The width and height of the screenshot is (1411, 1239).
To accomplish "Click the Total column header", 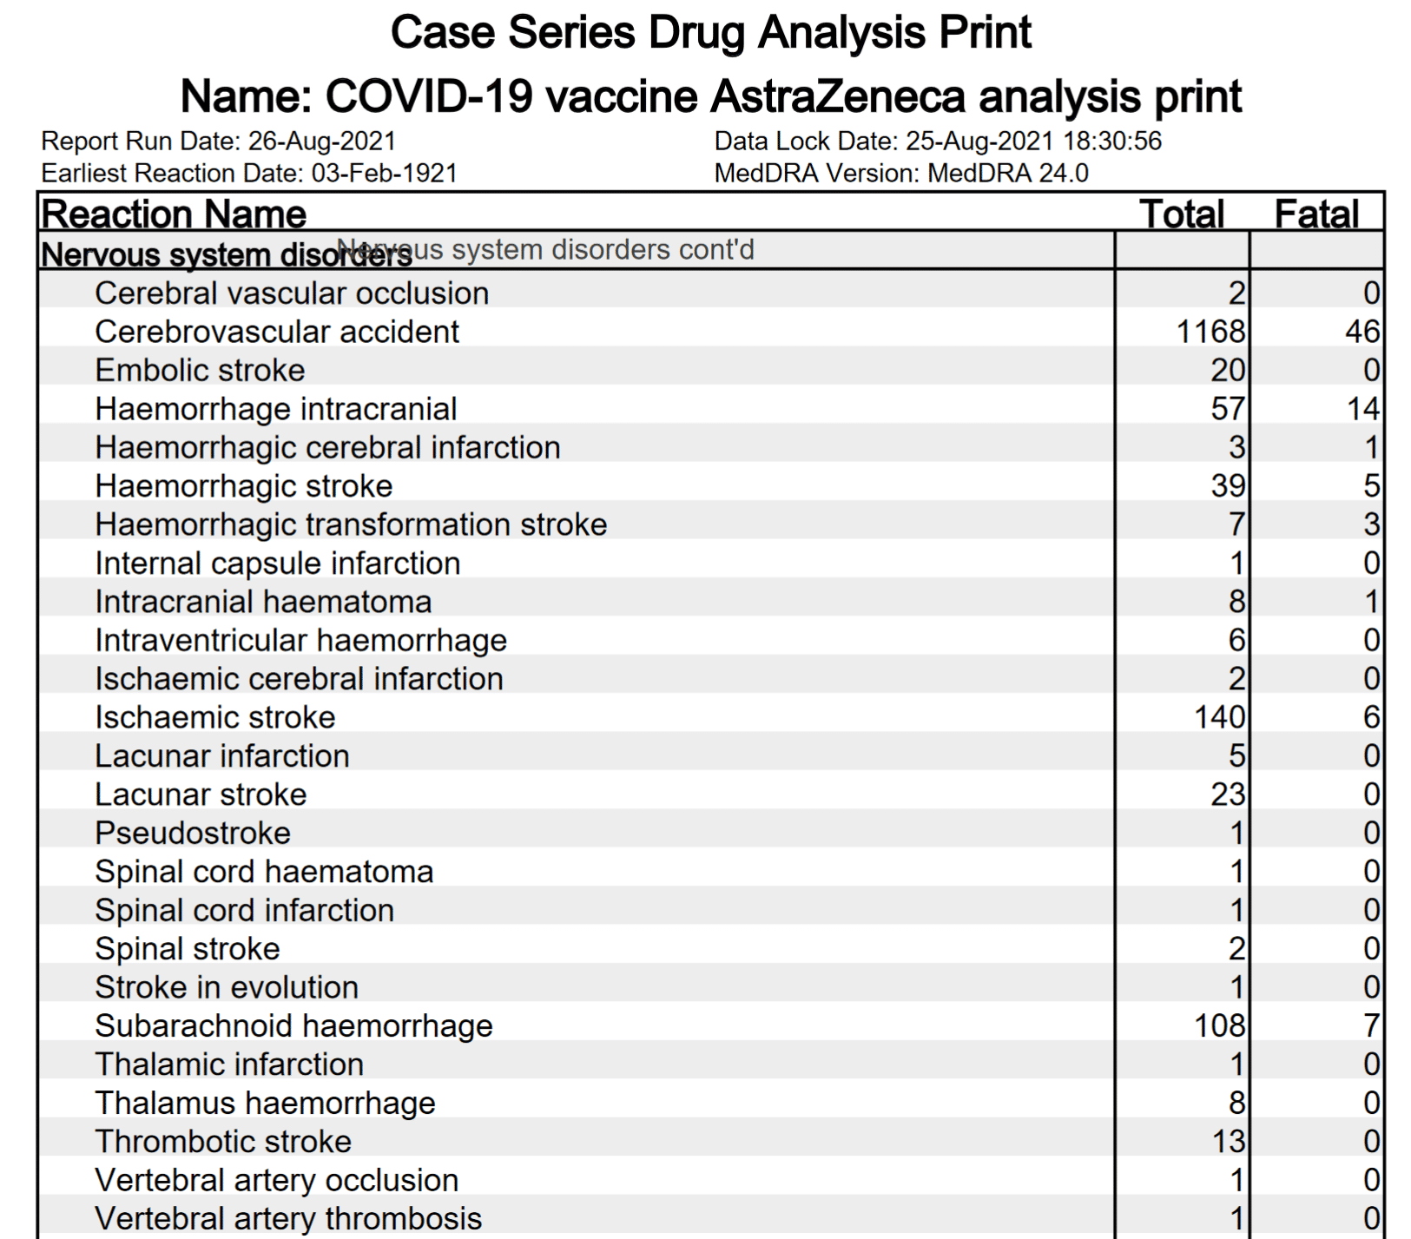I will coord(1181,214).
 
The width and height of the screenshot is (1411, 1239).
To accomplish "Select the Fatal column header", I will coord(1315,214).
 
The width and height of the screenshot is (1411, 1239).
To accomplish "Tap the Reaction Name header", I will coord(174,214).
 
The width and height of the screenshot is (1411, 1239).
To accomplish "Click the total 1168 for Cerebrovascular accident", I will coord(1210,332).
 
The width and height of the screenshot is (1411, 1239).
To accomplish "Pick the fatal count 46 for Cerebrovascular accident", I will coord(1362,332).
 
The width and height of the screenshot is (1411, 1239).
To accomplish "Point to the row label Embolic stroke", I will coord(200,371).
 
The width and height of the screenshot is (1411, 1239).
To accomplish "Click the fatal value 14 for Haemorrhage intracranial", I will coord(1362,409).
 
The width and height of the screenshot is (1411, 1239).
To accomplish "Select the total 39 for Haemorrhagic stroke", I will coord(1228,486).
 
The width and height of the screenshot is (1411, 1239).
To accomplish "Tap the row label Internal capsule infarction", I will coord(277,563).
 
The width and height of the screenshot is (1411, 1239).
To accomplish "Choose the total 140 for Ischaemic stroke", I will coord(1219,717).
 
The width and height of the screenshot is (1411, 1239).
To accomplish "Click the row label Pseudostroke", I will coord(193,834).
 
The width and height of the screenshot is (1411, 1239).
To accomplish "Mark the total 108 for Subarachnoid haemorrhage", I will coord(1219,1026).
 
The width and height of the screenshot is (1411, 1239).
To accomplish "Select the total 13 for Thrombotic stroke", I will coord(1228,1142).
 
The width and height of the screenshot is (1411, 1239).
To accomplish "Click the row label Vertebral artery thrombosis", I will coord(288,1219).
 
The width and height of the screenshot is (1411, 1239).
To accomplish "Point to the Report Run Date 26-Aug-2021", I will coord(322,142).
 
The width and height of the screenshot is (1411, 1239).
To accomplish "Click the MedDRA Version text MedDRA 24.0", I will coord(1007,174).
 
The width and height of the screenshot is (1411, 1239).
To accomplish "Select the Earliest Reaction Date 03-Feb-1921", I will coord(384,174).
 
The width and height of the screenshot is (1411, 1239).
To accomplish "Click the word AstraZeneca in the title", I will coord(837,96).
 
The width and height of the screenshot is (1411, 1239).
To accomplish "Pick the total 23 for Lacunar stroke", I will coord(1228,794).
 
